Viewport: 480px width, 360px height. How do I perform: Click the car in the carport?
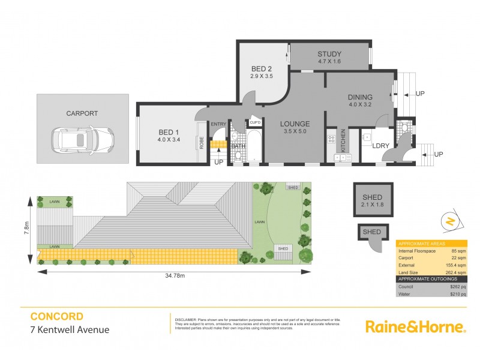click(83, 141)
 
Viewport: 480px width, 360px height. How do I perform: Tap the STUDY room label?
click(329, 53)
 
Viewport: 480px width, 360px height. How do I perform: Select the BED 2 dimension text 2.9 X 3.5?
click(262, 76)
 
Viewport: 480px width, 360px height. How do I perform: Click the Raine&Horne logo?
click(415, 326)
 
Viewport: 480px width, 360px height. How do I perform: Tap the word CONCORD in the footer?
click(57, 316)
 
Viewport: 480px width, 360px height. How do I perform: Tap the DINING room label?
click(360, 97)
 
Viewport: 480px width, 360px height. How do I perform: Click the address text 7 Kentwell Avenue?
click(70, 329)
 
